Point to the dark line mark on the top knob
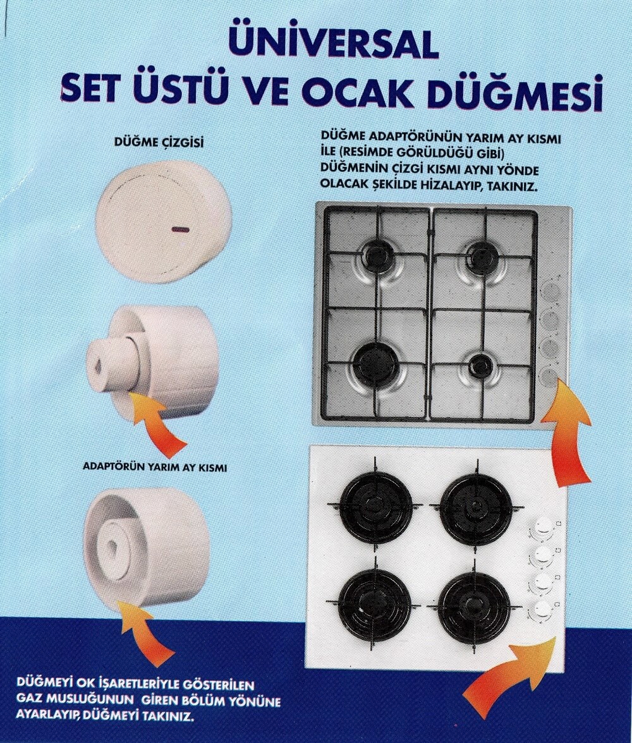[181, 229]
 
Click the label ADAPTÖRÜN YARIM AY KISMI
[155, 467]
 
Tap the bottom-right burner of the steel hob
[482, 365]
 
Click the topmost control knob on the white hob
[543, 526]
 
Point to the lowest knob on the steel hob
[549, 377]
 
